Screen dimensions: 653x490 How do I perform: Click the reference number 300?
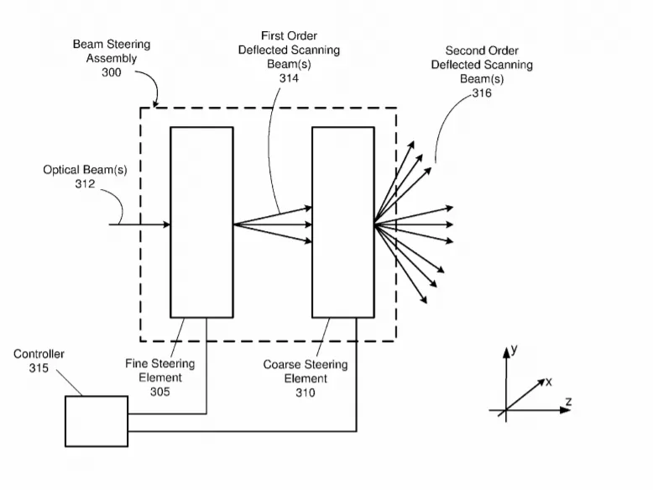tap(111, 72)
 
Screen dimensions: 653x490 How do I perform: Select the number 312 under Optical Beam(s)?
tap(85, 184)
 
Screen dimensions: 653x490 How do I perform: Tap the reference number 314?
tap(289, 78)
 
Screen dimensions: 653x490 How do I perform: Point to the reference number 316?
tap(482, 93)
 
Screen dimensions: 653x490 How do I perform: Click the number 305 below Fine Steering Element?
tap(160, 392)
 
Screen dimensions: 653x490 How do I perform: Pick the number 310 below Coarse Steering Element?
tap(306, 393)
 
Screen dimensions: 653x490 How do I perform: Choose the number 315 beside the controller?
tap(39, 368)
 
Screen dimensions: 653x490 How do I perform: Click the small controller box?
tap(97, 421)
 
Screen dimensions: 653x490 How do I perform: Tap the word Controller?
tap(39, 354)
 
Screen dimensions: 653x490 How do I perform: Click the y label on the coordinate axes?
tap(515, 349)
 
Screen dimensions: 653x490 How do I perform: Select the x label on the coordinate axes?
tap(549, 382)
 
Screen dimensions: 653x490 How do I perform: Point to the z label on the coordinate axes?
tap(568, 402)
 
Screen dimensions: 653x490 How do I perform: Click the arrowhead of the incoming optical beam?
tap(166, 224)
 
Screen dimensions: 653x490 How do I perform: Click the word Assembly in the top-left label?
tap(112, 58)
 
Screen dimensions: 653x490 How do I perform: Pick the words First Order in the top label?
tap(289, 36)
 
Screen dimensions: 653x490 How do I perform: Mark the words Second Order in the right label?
tap(482, 51)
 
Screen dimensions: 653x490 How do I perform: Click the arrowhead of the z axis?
tap(566, 410)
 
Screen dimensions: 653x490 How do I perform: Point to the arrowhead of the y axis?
tap(506, 353)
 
